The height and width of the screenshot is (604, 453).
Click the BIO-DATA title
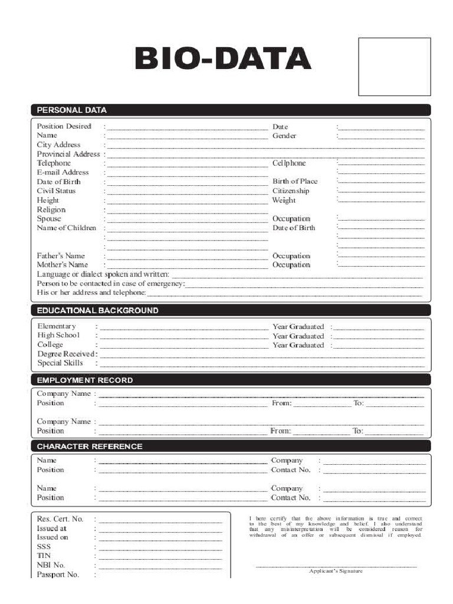point(222,59)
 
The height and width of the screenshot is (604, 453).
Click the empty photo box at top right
point(394,67)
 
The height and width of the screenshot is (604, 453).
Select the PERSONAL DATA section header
point(72,110)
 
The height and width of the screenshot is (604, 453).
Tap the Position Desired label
point(64,126)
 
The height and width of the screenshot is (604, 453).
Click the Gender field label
point(284,136)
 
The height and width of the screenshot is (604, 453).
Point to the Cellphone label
point(289,163)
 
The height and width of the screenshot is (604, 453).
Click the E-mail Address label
point(63,172)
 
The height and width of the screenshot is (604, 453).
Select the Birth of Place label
point(295,182)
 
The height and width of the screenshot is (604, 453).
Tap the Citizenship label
point(291,191)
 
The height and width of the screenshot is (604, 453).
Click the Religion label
point(51,209)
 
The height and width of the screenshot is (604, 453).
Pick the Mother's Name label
point(63,265)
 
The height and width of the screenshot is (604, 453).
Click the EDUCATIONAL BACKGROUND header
point(98,310)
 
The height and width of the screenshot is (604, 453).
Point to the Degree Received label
point(67,354)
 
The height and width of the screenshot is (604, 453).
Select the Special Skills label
point(60,363)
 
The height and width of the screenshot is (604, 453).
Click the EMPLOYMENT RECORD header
point(85,380)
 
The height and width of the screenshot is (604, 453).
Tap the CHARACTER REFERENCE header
point(90,447)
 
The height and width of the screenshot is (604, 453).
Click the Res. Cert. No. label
point(60,519)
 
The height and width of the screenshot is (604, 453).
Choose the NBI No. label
point(51,565)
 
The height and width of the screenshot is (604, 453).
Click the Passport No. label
point(58,575)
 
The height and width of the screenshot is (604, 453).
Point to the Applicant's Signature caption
point(336,571)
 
